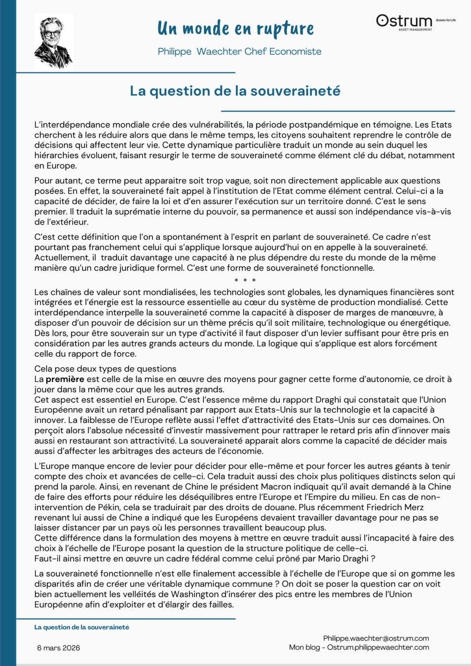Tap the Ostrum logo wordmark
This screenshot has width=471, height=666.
404,21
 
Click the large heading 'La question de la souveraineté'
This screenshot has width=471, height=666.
235,91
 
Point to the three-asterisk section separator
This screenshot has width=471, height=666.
245,280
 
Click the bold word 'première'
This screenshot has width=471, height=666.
65,379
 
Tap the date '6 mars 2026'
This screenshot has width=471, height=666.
58,648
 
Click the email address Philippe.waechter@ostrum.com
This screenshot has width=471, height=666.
376,638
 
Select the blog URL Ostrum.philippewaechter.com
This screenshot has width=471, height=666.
378,647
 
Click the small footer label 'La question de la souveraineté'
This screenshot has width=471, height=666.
82,627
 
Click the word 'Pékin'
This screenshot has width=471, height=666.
108,507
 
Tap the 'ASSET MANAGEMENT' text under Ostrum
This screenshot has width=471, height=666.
415,30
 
